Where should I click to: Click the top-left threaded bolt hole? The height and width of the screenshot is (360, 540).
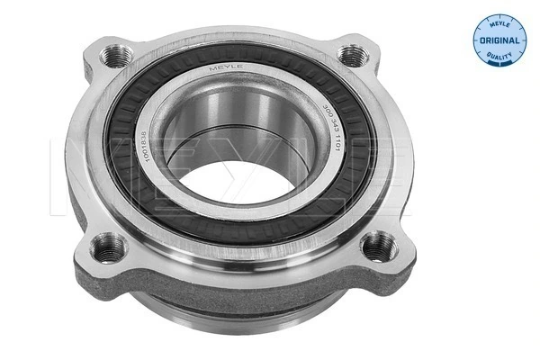tap(115, 56)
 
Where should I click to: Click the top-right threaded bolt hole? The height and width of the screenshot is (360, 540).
tap(352, 55)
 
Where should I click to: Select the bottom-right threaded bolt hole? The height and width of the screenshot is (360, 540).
tap(377, 244)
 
